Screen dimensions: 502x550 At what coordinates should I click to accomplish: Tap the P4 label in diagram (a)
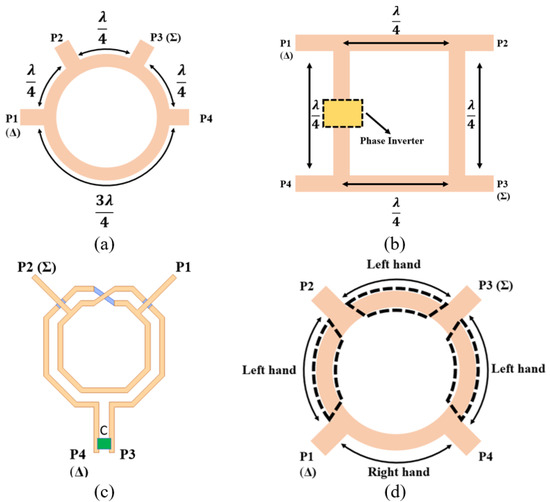pyautogui.click(x=233, y=117)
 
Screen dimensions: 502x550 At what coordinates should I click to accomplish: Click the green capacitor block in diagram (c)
pyautogui.click(x=103, y=442)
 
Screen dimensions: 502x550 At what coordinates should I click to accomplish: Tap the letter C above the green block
pyautogui.click(x=103, y=427)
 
